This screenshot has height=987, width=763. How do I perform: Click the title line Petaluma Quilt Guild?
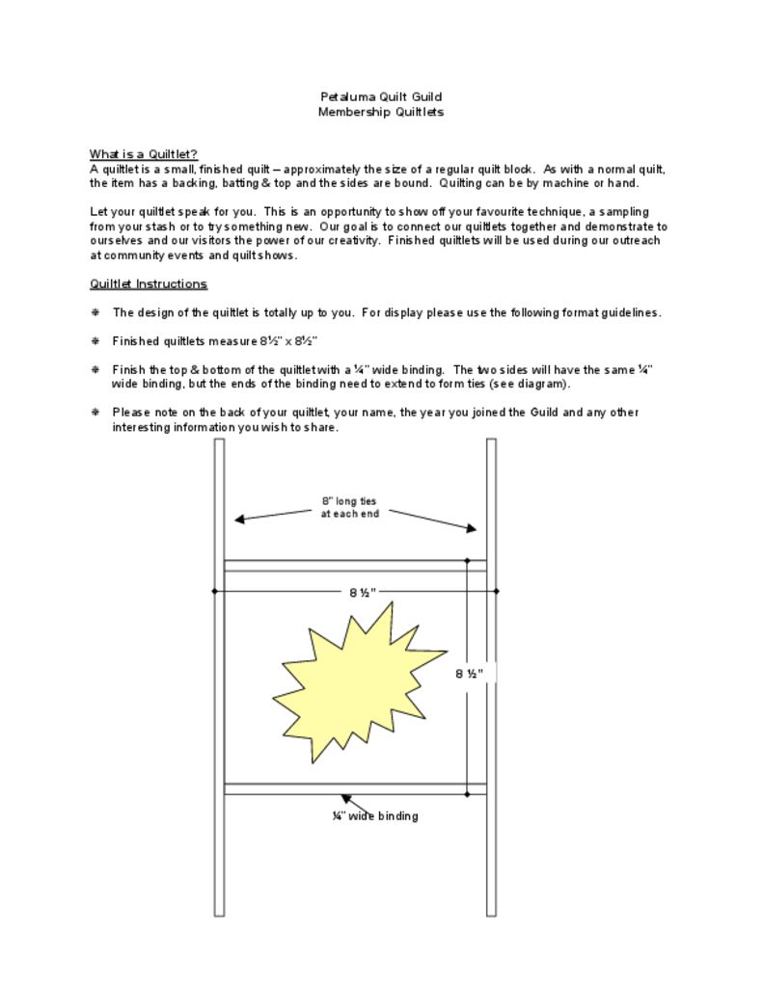381,96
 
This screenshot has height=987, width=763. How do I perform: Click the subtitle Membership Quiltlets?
381,112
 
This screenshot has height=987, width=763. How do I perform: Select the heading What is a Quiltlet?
144,154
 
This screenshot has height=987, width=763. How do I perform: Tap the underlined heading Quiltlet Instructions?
148,283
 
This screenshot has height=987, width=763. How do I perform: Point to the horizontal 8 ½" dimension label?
363,592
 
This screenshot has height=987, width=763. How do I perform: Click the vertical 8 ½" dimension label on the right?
469,674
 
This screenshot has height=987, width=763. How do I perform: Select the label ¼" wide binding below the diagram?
375,816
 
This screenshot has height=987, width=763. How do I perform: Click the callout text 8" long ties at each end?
349,507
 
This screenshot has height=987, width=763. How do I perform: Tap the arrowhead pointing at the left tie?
239,520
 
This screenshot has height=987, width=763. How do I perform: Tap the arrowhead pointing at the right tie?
472,528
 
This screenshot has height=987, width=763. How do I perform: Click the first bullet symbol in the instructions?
95,312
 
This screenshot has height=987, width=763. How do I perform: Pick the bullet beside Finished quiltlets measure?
95,341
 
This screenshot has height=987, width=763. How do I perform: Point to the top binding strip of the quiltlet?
355,566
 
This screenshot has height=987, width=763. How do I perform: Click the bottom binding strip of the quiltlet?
355,788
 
